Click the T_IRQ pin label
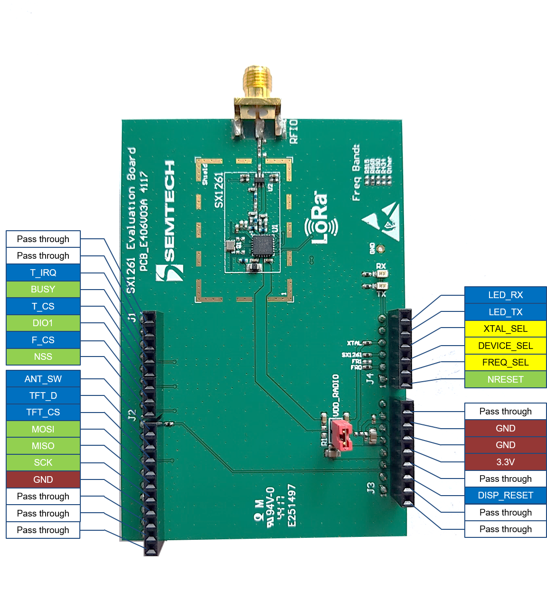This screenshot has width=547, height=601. click(43, 272)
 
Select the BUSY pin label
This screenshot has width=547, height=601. click(43, 289)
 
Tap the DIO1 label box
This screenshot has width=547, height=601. click(43, 323)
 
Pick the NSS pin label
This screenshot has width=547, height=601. click(43, 357)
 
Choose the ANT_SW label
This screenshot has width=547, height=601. click(43, 379)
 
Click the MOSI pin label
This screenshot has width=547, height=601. click(43, 429)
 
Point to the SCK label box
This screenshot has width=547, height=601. click(43, 462)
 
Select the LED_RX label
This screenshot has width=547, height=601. click(505, 295)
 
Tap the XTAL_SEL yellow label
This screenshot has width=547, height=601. click(505, 329)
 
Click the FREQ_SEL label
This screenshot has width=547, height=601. click(505, 362)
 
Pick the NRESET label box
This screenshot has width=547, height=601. click(505, 379)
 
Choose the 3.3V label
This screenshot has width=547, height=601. click(505, 462)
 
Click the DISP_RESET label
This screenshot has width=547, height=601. click(505, 495)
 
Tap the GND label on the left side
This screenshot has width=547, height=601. click(43, 479)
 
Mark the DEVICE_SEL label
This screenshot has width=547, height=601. click(505, 346)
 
